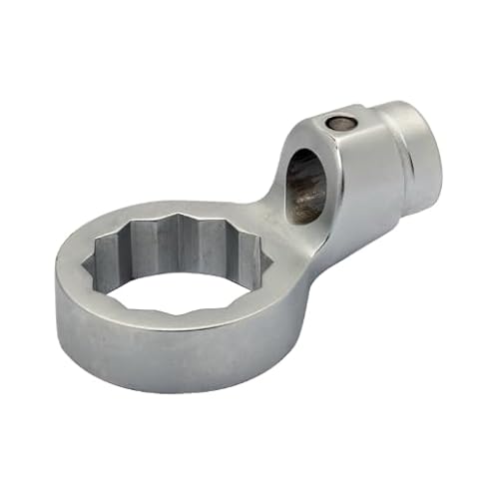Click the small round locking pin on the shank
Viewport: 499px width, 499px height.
click(339, 123)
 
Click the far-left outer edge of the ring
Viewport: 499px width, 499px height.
click(57, 284)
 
